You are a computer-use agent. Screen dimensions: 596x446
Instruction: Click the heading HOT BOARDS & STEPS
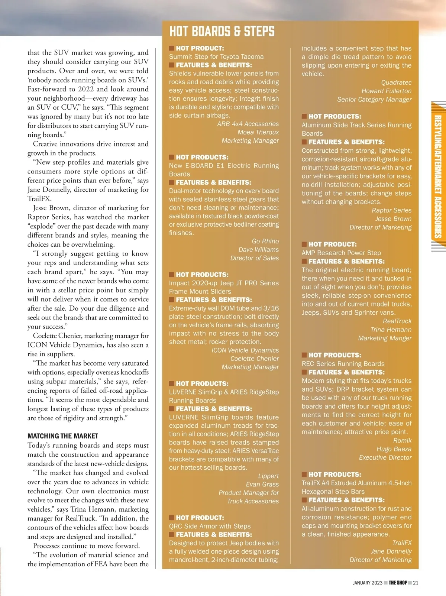222,32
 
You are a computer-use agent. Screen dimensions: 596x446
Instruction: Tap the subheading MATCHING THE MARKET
63,436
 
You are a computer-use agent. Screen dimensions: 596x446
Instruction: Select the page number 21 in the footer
416,583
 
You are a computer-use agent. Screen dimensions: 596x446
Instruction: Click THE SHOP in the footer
398,583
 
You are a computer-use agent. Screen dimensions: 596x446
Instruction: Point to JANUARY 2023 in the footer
367,583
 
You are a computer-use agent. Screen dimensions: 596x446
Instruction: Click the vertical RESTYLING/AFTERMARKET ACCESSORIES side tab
438,176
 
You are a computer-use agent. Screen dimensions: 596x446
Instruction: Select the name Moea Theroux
258,132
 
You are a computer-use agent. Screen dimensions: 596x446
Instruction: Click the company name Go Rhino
265,241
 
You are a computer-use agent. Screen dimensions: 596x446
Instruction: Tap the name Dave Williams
258,250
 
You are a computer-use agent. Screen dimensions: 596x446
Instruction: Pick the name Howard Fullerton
387,91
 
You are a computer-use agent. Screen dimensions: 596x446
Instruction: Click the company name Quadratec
396,82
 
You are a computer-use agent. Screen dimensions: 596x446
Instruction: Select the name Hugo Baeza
394,449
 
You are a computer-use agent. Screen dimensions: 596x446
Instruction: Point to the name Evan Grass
262,485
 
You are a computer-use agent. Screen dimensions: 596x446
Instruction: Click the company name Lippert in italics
268,476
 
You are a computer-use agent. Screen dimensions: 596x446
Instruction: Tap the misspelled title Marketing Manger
385,338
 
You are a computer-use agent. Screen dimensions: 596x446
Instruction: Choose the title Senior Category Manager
374,100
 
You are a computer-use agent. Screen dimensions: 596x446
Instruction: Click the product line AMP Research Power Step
341,253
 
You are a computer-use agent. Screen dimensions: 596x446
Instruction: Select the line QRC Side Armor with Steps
210,526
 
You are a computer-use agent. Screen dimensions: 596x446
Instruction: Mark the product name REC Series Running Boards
343,364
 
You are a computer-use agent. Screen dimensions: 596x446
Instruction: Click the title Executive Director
385,457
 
